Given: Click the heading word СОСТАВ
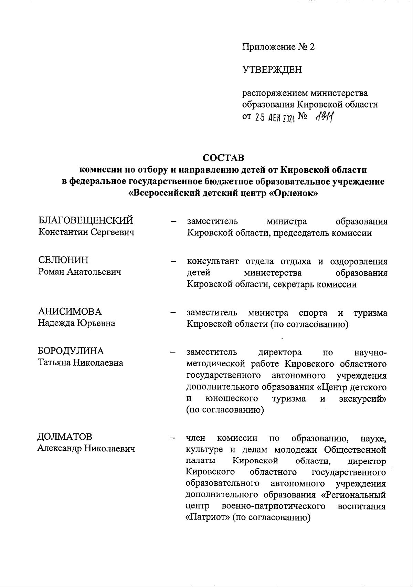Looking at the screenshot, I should tap(223, 158).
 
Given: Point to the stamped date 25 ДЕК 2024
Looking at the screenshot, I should tap(274, 118).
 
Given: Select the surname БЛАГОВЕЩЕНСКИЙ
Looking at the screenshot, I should tap(85, 220).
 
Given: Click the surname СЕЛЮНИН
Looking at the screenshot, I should tap(63, 260).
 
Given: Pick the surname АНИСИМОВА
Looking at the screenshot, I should tap(70, 312).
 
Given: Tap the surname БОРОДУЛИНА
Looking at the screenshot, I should tap(71, 351).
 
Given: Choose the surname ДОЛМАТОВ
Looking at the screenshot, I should tap(65, 437).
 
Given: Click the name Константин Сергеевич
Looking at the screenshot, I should tap(86, 232).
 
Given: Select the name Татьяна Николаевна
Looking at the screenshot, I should tap(80, 363).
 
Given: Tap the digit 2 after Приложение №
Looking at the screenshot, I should tap(312, 47).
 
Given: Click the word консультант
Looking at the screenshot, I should tap(213, 261).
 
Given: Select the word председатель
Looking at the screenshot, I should tap(299, 233).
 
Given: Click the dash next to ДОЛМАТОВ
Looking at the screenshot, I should tap(172, 438).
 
